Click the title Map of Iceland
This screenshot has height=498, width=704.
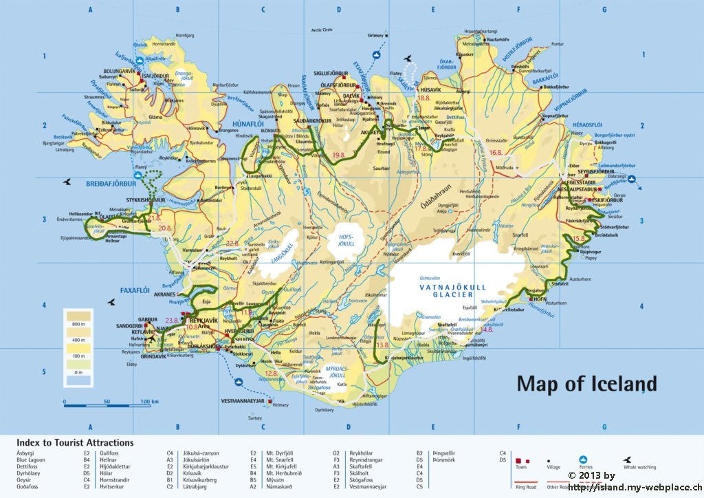[586, 383]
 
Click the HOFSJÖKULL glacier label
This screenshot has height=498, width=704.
[342, 239]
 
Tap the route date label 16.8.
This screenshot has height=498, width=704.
[496, 152]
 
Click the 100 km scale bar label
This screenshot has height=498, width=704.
[150, 402]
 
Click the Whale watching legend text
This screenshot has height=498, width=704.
[639, 467]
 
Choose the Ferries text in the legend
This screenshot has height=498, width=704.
[586, 467]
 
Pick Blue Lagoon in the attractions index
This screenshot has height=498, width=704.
[31, 459]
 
